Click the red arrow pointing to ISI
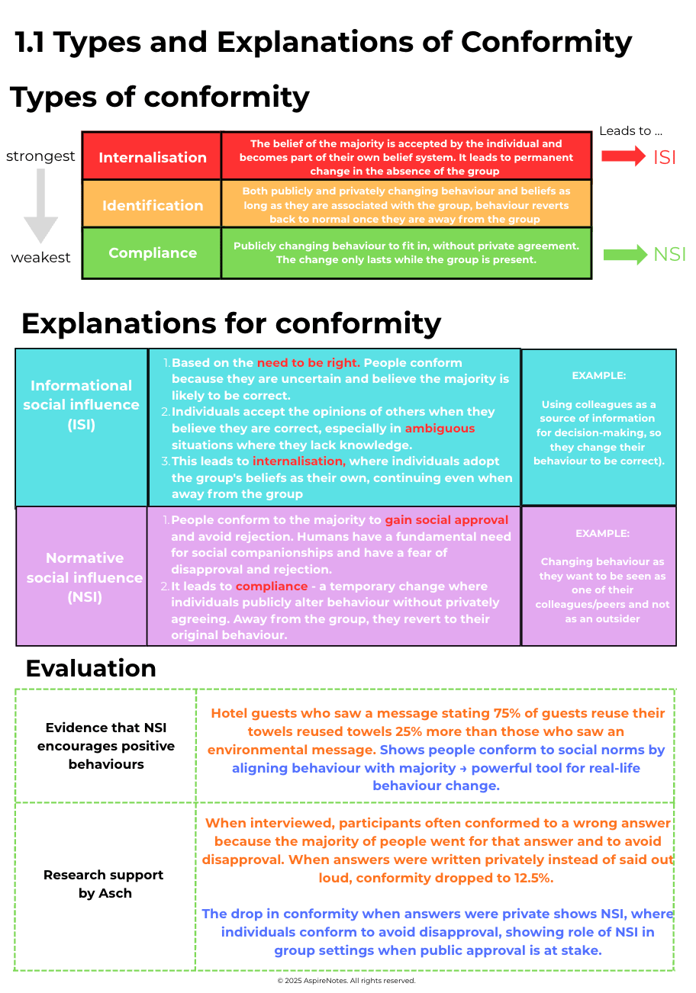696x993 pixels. click(x=623, y=156)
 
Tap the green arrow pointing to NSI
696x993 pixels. click(x=625, y=254)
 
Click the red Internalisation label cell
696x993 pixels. click(x=153, y=157)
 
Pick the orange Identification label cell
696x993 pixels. click(x=153, y=205)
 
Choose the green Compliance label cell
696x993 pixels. click(x=153, y=253)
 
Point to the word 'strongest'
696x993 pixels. click(x=40, y=156)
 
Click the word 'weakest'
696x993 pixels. click(x=40, y=258)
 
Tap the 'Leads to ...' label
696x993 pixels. click(x=630, y=131)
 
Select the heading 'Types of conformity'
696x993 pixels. click(x=160, y=98)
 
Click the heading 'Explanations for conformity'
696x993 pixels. click(x=231, y=323)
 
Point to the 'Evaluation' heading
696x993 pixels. click(x=91, y=668)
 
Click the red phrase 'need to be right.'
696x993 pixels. click(x=308, y=363)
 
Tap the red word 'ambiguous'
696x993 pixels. click(x=440, y=429)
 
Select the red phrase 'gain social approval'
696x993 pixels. click(x=446, y=520)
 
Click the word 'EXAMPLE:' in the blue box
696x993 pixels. click(x=598, y=376)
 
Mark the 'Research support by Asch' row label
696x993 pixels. click(x=105, y=884)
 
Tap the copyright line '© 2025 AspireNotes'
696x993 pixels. click(x=346, y=981)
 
